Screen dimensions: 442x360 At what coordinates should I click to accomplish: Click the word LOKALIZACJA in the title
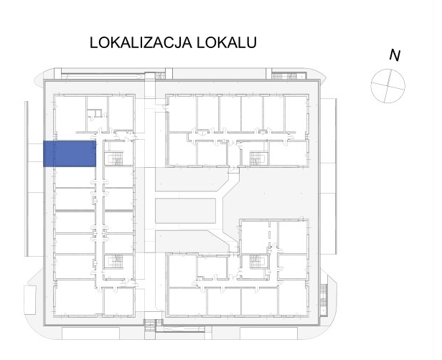[141, 42]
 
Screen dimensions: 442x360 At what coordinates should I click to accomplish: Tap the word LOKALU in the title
[227, 42]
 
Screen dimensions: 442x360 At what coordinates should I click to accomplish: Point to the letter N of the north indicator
[395, 55]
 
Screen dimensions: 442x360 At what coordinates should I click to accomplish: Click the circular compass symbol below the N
[387, 85]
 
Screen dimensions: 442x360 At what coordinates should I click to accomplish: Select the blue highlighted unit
[70, 153]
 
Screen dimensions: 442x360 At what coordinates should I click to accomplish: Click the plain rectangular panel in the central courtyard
[185, 211]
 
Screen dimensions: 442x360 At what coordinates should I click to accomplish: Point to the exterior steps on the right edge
[324, 298]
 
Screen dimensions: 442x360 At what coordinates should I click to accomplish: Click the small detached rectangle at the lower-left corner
[30, 300]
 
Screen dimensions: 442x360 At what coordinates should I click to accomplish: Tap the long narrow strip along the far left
[27, 179]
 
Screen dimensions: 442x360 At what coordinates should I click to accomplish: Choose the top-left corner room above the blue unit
[70, 114]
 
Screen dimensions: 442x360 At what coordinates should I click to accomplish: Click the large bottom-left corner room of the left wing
[78, 298]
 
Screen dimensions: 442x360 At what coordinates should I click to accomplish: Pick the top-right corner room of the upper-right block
[296, 114]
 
